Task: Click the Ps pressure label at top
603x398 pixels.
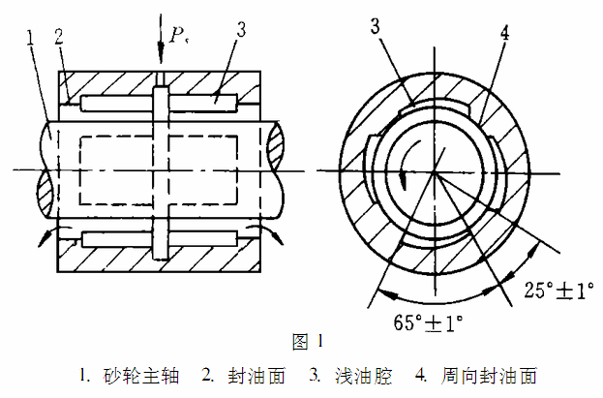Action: (x=176, y=37)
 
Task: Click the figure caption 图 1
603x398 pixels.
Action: (x=305, y=341)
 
